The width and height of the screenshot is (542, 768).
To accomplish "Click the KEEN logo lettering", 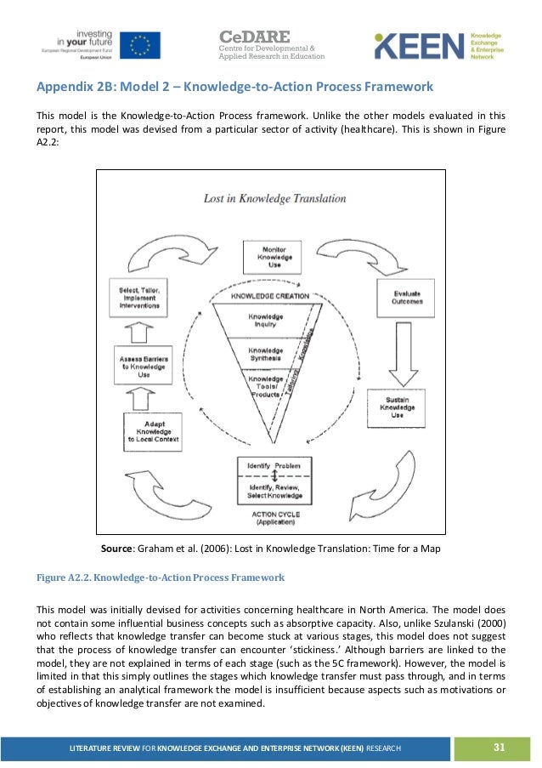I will pyautogui.click(x=421, y=48).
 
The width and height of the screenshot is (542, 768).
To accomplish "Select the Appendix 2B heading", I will pyautogui.click(x=234, y=88).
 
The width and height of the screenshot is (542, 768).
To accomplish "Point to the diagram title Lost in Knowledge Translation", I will pyautogui.click(x=274, y=198).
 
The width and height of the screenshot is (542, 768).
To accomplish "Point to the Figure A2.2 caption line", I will pyautogui.click(x=159, y=578).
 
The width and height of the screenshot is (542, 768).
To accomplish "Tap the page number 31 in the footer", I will pyautogui.click(x=498, y=747).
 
